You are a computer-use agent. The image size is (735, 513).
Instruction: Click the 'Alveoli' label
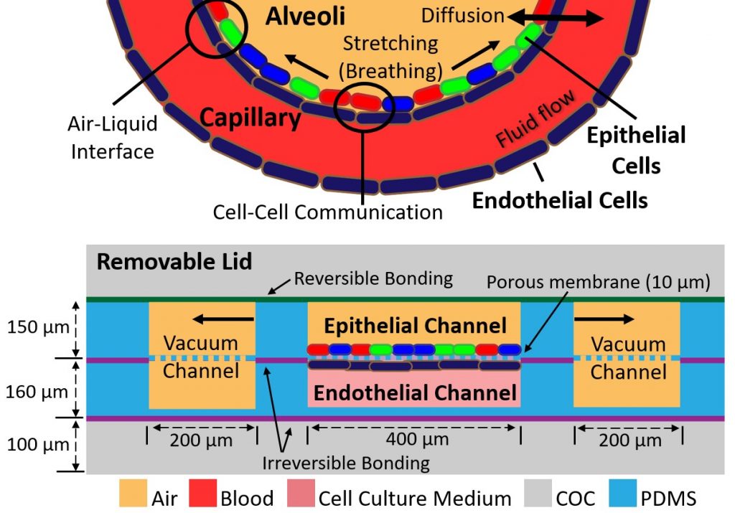pos(305,17)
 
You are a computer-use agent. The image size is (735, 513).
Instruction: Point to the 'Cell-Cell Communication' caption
pos(328,212)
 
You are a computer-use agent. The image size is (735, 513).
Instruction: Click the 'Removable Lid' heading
pos(174,261)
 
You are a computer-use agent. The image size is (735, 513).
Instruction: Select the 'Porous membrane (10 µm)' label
pos(598,282)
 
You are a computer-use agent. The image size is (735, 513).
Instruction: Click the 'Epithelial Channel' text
pos(415,326)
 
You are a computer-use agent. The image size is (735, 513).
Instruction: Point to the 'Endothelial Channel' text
pos(415,393)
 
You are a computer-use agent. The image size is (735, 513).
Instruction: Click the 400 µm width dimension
pos(415,438)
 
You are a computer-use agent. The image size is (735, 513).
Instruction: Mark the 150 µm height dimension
pos(39,328)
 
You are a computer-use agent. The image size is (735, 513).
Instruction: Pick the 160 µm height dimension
pos(39,392)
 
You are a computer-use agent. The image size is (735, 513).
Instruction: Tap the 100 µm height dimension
pos(39,444)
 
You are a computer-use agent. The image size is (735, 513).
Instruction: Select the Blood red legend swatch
pos(202,496)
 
